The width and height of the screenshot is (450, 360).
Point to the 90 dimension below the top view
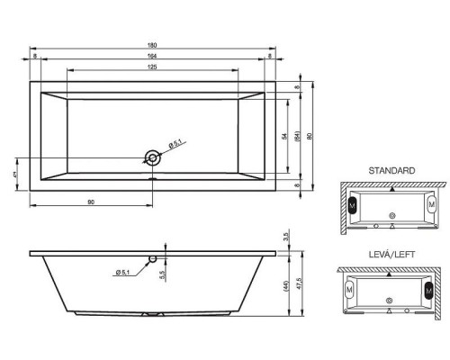(92, 202)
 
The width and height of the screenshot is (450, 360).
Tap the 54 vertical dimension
(283, 136)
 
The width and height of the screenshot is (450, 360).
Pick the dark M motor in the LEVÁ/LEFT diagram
(427, 290)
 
